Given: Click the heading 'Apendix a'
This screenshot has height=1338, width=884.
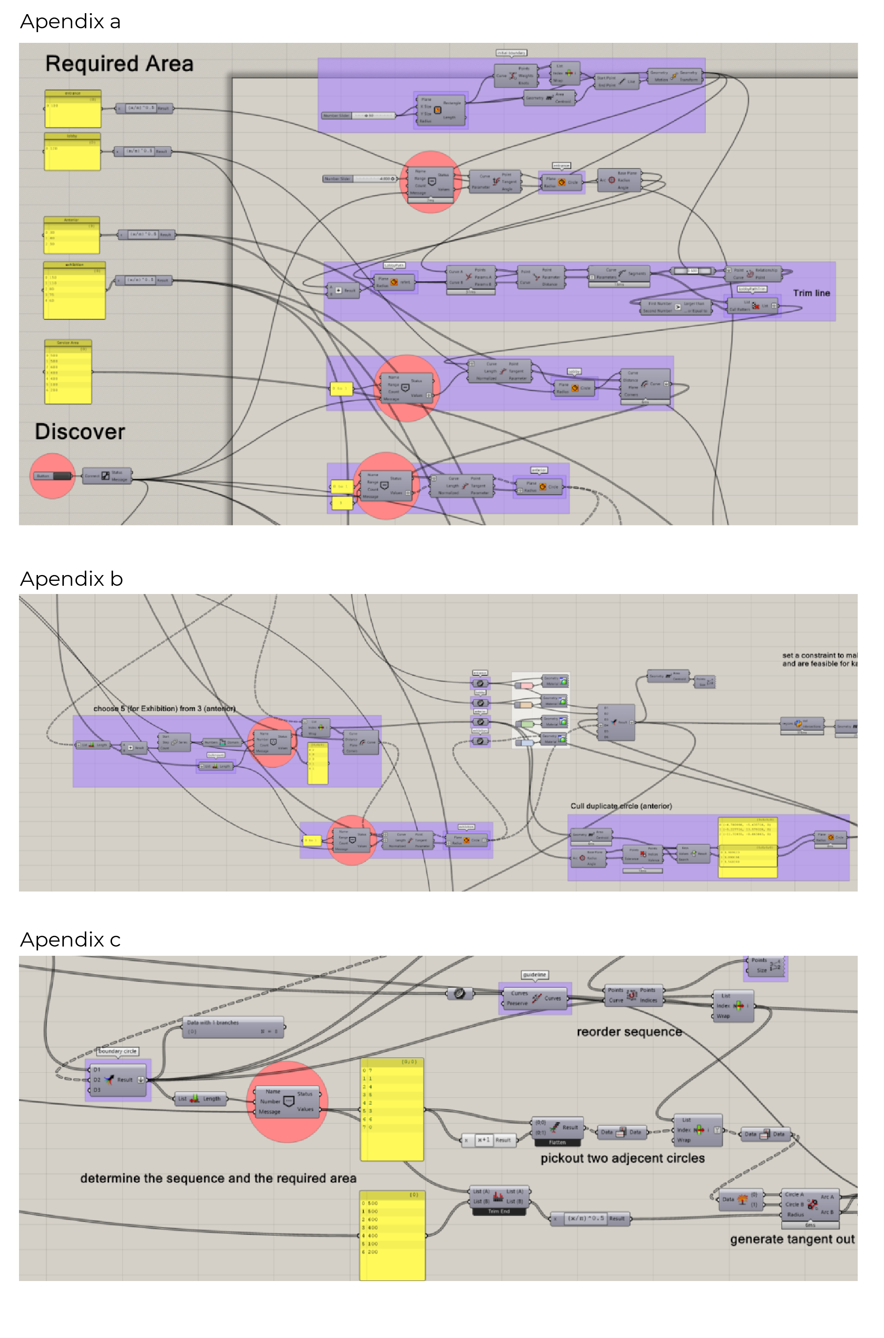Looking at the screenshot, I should tap(70, 21).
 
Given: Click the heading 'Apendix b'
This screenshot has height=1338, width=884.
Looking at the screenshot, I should tap(71, 579).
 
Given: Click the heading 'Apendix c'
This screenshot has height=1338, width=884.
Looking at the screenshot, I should tap(70, 940).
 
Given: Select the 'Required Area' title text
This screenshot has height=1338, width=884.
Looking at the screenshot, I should tap(119, 64).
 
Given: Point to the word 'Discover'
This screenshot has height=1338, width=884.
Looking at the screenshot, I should tap(79, 432).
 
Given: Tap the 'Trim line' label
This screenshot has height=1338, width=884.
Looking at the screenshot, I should tap(811, 293).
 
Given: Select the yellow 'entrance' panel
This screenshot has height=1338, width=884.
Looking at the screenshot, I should tap(73, 110).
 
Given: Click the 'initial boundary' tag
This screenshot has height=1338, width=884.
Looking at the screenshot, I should tap(511, 53).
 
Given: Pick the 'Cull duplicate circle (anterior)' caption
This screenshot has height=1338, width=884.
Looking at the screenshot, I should tap(621, 806).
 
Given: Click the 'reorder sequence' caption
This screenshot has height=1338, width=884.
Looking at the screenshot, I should tap(629, 1031).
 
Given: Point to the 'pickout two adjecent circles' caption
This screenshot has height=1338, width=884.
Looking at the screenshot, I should tap(622, 1158).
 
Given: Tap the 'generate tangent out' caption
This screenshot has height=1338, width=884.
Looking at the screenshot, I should tap(791, 1239).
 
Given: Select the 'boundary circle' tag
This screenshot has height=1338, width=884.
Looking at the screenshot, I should tap(117, 1051).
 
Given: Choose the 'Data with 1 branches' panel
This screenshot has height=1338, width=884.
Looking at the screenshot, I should tap(233, 1027).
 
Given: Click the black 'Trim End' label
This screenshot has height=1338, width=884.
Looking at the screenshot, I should tap(498, 1211).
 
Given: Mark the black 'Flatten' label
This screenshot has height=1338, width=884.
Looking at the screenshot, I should tap(557, 1142).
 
